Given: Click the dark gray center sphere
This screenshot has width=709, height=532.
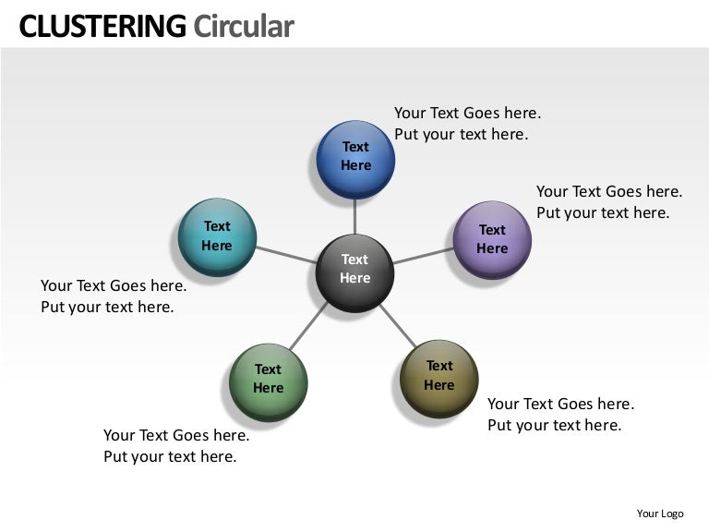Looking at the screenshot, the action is [354, 273].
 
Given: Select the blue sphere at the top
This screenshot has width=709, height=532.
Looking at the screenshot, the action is [355, 160].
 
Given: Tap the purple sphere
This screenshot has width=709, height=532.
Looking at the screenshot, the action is [492, 240].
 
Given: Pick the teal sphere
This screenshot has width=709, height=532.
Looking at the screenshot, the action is [218, 237].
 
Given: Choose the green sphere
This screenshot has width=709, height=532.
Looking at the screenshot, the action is [269, 382].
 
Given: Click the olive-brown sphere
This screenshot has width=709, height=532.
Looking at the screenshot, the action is [439, 379].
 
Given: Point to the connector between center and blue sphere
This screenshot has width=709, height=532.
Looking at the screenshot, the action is [354, 217].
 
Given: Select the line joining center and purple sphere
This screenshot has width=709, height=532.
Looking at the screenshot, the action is [423, 256].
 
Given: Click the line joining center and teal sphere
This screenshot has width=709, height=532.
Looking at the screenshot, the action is [286, 255].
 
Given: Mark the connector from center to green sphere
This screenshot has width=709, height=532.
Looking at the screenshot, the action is [308, 326].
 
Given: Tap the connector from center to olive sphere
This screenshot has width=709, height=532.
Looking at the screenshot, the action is [398, 325].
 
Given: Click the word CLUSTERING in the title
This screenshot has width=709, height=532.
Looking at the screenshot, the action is [102, 26].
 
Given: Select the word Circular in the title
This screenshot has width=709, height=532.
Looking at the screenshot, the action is [244, 26].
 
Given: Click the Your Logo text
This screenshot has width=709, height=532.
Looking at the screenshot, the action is [660, 514].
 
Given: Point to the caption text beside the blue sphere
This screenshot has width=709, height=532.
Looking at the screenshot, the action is [467, 124].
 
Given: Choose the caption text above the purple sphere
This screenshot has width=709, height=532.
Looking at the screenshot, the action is [609, 201].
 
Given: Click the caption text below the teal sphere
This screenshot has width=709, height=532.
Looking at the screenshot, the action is [114, 296].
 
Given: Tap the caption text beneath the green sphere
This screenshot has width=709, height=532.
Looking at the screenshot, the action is [176, 445].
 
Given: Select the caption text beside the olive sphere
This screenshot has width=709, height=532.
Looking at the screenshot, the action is [560, 415].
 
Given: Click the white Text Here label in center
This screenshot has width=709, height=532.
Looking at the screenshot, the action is [354, 268].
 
